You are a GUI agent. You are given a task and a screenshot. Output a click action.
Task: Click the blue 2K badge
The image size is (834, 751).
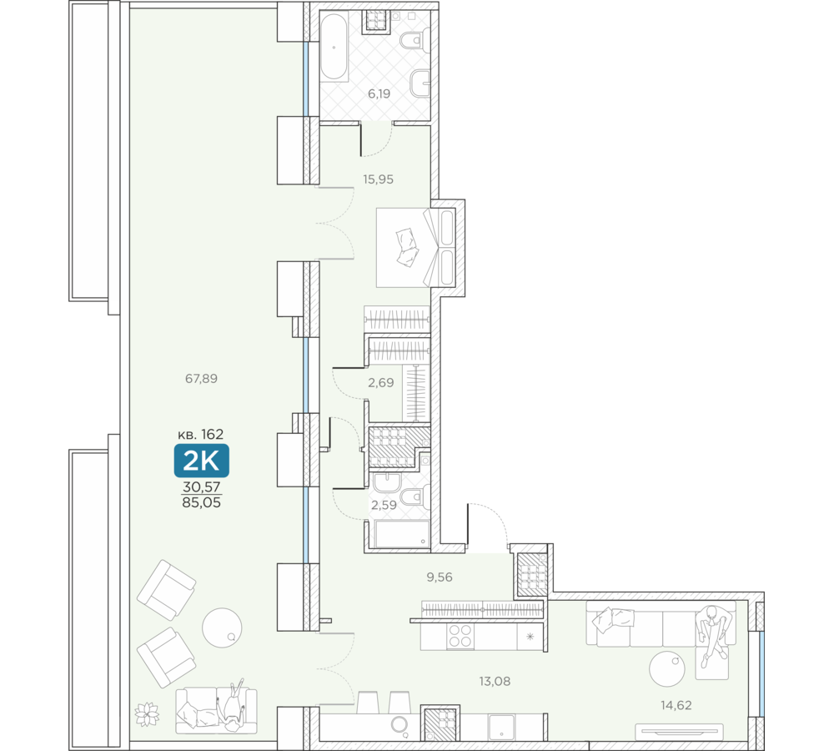click(202, 461)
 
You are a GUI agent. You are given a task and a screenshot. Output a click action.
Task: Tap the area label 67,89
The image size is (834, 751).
click(201, 379)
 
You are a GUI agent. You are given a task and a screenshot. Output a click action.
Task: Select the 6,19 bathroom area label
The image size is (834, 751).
click(379, 93)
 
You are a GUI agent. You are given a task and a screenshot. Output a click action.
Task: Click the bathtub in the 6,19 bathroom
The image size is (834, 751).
click(334, 47)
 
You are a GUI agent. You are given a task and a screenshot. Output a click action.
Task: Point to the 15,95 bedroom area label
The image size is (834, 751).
click(378, 179)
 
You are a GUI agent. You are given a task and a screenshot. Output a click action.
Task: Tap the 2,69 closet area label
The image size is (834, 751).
click(381, 383)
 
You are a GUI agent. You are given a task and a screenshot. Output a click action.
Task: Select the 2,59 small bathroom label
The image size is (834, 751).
click(384, 505)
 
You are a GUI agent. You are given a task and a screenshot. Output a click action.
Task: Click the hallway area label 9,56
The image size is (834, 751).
click(440, 577)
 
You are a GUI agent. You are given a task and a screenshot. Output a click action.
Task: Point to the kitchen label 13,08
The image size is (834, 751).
click(495, 681)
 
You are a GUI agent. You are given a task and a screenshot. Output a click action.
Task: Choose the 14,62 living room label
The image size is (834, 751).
click(676, 705)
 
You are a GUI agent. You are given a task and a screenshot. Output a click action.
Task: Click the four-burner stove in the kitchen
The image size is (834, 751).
click(460, 636)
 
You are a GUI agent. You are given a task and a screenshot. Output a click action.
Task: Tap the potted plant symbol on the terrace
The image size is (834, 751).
click(148, 714)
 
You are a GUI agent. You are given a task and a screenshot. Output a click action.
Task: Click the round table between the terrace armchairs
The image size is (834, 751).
click(222, 628)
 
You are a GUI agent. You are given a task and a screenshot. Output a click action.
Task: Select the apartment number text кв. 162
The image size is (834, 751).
click(200, 434)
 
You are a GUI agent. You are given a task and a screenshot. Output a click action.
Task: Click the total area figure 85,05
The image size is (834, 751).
click(201, 502)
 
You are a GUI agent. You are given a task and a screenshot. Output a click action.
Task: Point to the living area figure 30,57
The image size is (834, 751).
click(202, 486)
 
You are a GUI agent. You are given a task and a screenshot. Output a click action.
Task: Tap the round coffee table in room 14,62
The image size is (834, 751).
click(667, 668)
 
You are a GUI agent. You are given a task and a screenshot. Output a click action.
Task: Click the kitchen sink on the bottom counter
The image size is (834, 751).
click(501, 727)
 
